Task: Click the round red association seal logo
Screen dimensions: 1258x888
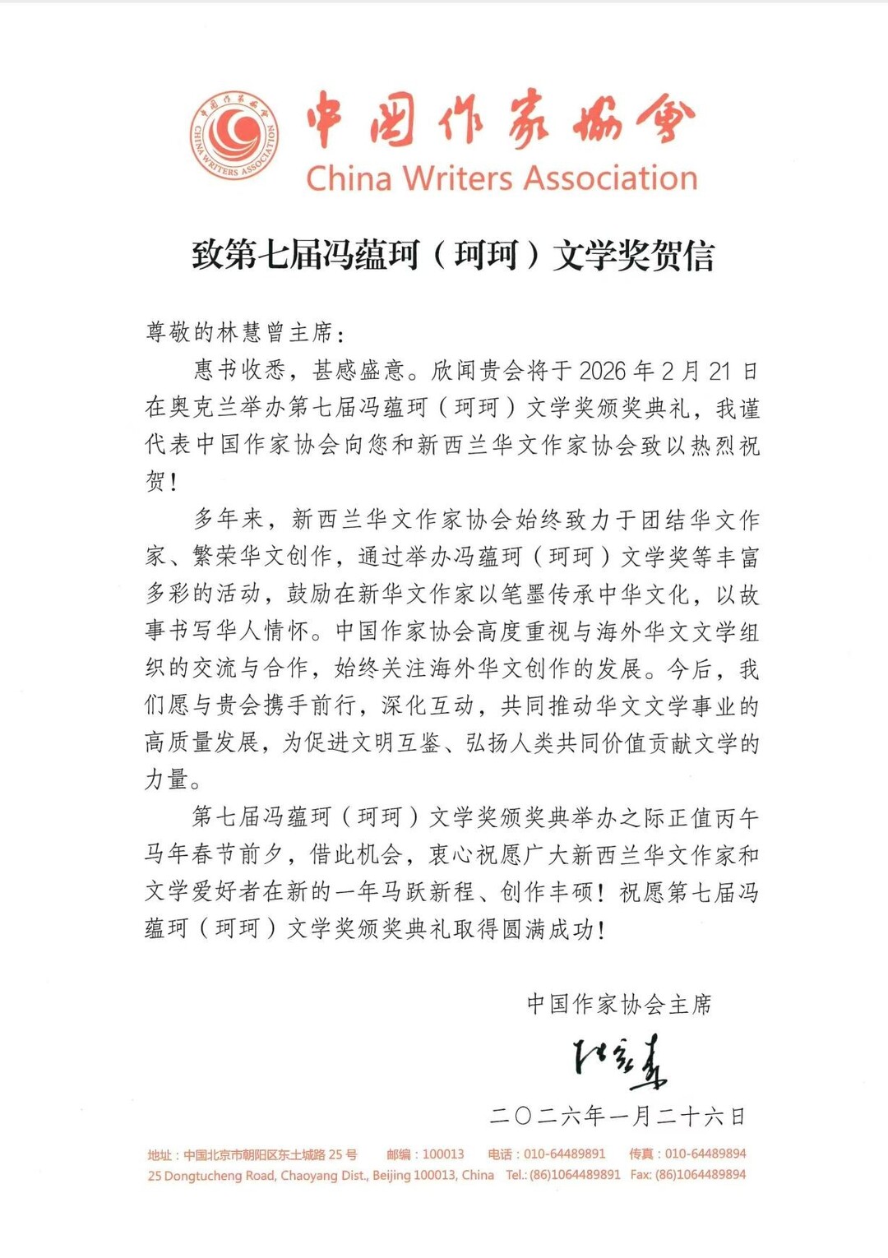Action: [234, 136]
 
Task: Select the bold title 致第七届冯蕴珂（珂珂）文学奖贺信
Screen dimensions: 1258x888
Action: [453, 255]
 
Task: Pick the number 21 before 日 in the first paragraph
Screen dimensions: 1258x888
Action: [719, 371]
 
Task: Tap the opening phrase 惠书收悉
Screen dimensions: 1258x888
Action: [239, 371]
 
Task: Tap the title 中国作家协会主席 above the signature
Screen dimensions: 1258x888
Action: [619, 1004]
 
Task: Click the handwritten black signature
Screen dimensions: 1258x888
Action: [619, 1061]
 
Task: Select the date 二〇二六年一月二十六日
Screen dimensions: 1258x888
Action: [617, 1116]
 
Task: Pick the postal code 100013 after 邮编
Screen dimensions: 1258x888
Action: [443, 1154]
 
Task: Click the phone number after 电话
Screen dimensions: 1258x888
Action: [565, 1154]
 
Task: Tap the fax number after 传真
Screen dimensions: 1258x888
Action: [705, 1154]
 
